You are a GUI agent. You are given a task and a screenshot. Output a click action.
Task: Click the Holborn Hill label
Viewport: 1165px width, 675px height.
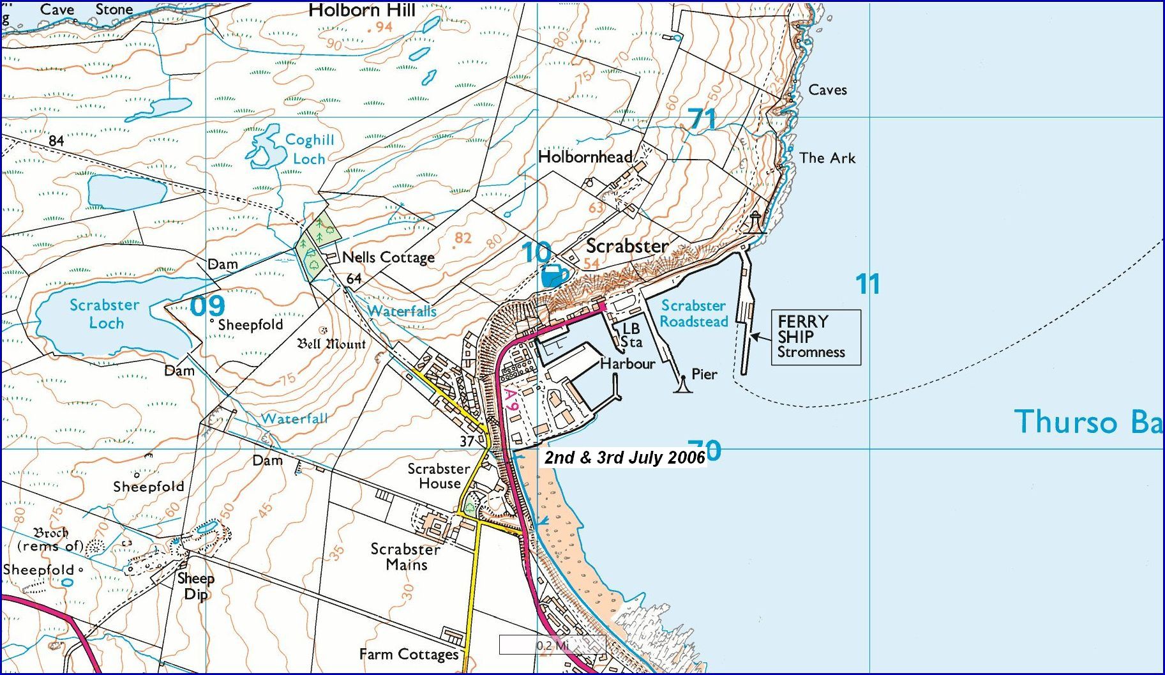point(361,10)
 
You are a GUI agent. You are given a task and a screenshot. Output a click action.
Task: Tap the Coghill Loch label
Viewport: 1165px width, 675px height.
point(309,149)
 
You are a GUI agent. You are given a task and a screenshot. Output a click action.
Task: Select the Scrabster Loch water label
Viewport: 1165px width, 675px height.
point(105,314)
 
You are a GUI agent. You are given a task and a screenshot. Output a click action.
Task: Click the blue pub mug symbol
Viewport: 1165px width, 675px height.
point(553,276)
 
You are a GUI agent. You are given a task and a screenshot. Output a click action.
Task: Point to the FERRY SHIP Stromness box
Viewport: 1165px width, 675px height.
point(815,337)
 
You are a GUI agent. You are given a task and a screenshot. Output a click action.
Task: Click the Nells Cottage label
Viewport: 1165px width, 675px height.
point(388,257)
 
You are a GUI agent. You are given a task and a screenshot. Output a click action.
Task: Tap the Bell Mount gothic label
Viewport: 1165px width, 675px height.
point(331,344)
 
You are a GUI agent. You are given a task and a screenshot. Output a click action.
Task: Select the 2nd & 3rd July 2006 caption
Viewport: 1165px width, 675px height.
point(624,457)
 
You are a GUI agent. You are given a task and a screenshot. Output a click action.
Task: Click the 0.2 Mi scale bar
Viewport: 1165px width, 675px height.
point(552,645)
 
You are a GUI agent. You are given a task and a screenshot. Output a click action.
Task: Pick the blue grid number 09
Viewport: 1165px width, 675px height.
point(207,306)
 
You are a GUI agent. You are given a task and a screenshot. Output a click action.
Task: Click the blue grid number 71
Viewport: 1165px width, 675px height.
point(702,119)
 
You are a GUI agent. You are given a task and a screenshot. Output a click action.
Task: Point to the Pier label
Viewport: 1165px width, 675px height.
point(704,374)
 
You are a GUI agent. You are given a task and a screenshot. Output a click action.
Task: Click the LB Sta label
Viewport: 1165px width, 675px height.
point(631,335)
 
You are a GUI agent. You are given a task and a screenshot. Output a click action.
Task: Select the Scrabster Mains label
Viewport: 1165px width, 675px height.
point(405,557)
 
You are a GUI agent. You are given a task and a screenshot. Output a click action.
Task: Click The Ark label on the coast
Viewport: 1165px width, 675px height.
point(827,158)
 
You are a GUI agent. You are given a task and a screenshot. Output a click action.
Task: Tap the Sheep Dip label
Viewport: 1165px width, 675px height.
point(195,586)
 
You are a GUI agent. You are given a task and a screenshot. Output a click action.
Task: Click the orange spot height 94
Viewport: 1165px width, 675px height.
point(383,27)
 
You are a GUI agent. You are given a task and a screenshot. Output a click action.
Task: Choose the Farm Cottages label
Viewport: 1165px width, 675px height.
point(409,654)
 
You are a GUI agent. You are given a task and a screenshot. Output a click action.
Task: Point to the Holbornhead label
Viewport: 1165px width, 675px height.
point(585,156)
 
